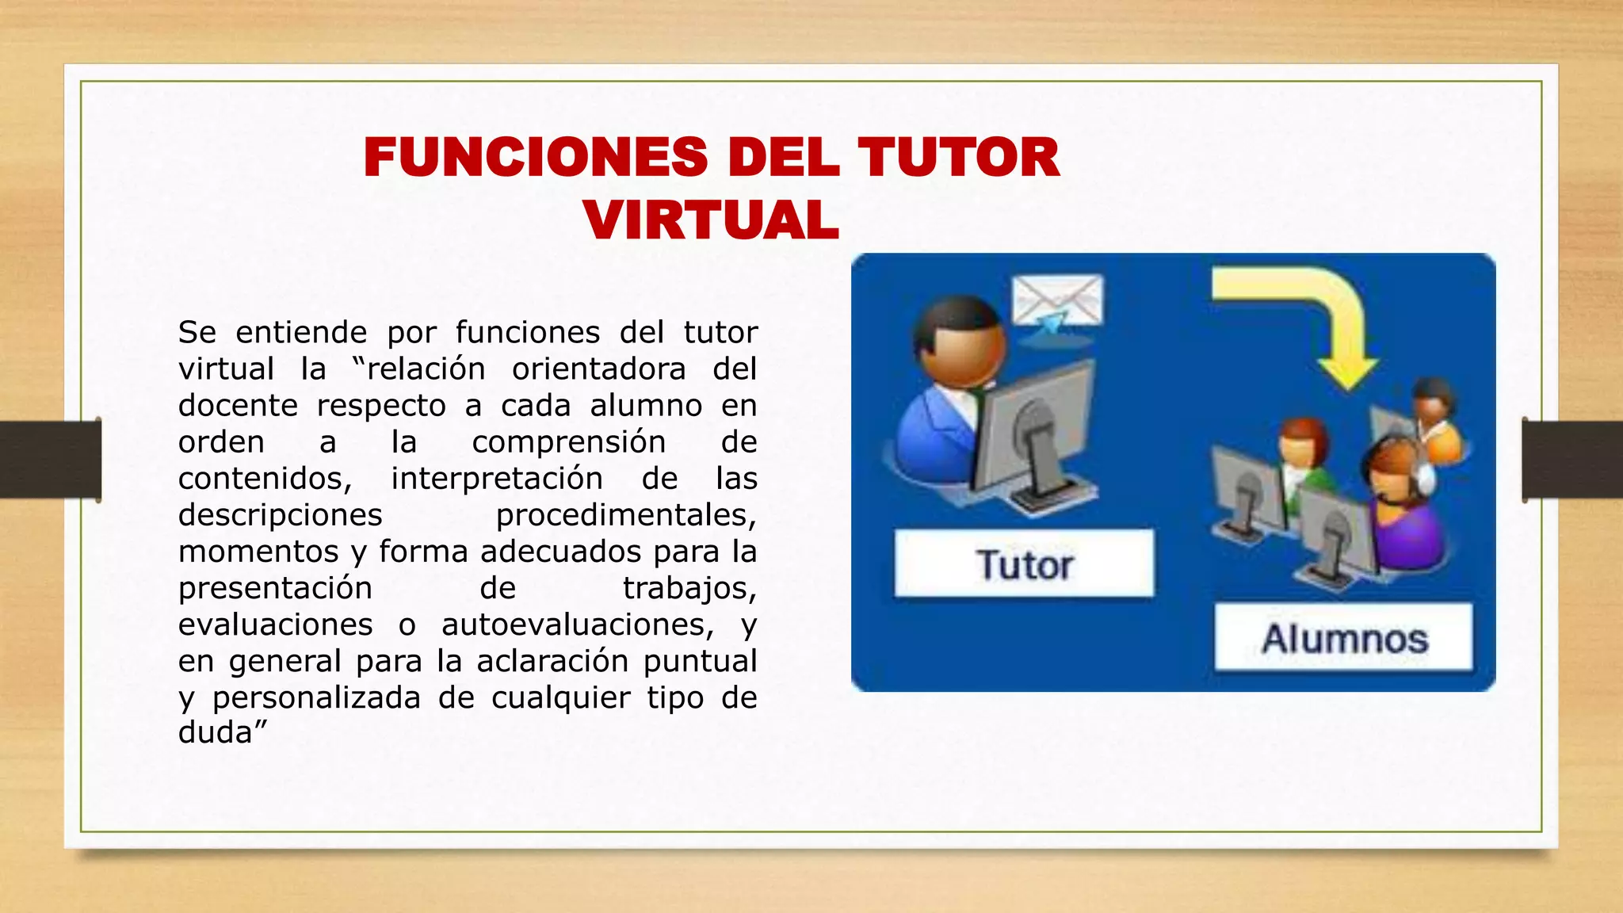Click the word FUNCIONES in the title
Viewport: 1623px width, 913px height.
pyautogui.click(x=536, y=157)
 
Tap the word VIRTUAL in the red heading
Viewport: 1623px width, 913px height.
pyautogui.click(x=711, y=220)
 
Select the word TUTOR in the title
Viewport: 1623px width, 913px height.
pyautogui.click(x=958, y=157)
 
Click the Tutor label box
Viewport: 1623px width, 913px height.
pyautogui.click(x=1024, y=563)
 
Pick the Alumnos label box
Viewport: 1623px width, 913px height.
pyautogui.click(x=1344, y=638)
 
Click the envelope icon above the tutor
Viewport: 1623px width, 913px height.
pyautogui.click(x=1058, y=301)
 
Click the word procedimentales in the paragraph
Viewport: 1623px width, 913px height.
pyautogui.click(x=625, y=515)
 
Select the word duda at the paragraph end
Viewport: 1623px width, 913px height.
pyautogui.click(x=215, y=732)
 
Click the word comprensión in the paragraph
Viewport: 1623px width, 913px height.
pyautogui.click(x=568, y=441)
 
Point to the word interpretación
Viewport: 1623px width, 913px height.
pyautogui.click(x=497, y=479)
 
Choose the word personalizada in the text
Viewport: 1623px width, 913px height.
pyautogui.click(x=316, y=697)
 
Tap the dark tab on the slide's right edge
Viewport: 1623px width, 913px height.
pyautogui.click(x=1572, y=460)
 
